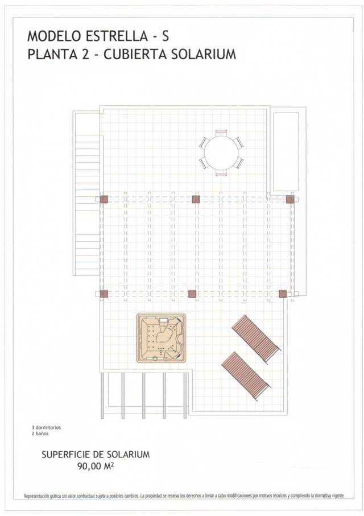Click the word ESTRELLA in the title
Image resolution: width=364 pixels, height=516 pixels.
113,36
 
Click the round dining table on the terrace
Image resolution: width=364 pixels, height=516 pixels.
221,152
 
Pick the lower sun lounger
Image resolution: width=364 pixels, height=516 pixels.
245,375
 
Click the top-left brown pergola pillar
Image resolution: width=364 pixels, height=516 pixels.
104,199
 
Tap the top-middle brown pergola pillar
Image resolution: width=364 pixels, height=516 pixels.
196,199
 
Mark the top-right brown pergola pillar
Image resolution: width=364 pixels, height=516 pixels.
290,199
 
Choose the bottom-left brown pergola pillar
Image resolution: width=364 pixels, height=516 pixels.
104,294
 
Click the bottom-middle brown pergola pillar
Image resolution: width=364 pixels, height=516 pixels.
192,294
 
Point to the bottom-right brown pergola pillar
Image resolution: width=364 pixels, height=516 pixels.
283,294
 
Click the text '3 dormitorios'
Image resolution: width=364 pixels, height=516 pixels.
46,427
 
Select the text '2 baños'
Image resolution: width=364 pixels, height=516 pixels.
40,434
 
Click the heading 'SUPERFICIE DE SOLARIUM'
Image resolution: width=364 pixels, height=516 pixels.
96,455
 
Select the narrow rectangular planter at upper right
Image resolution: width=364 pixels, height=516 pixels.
286,151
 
